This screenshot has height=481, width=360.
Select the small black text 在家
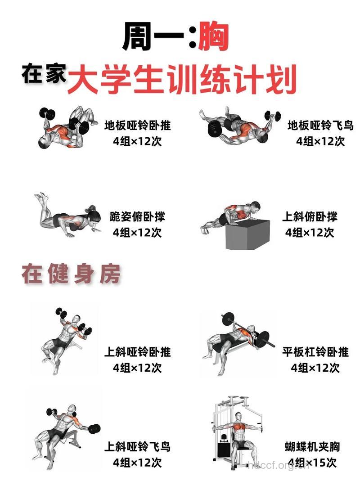[x=44, y=74]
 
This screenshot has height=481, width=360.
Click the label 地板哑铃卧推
[x=137, y=125]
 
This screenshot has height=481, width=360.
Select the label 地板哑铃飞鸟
[x=320, y=125]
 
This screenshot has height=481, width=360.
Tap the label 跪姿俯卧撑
[x=137, y=216]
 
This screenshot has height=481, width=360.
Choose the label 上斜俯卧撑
[x=310, y=216]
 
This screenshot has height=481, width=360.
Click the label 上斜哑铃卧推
[x=137, y=351]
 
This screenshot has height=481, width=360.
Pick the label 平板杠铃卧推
[x=315, y=351]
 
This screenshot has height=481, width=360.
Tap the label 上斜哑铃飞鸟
[x=137, y=447]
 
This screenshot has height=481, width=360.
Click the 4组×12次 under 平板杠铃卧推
[x=315, y=368]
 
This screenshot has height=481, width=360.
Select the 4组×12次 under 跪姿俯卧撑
[x=137, y=233]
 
